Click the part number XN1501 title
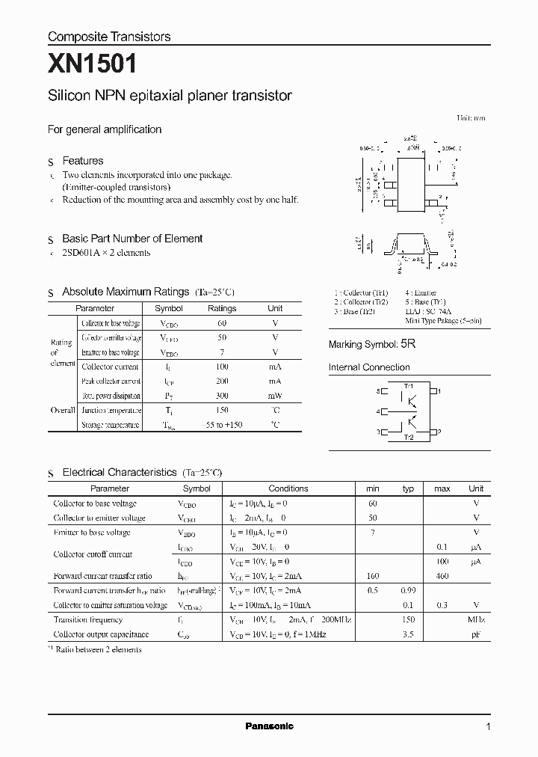pyautogui.click(x=92, y=65)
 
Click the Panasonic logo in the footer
pyautogui.click(x=269, y=726)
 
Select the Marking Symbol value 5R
pyautogui.click(x=407, y=344)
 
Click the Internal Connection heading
pyautogui.click(x=369, y=367)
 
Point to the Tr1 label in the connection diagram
pyautogui.click(x=408, y=384)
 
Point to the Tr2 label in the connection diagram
pyautogui.click(x=408, y=438)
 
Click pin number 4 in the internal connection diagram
pyautogui.click(x=379, y=411)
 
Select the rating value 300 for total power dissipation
pyautogui.click(x=222, y=396)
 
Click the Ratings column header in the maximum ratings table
pyautogui.click(x=222, y=308)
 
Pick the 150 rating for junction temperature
pyautogui.click(x=222, y=410)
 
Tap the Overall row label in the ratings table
pyautogui.click(x=63, y=410)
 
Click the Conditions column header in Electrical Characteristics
pyautogui.click(x=288, y=488)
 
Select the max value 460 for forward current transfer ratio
pyautogui.click(x=442, y=576)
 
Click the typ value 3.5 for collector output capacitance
pyautogui.click(x=408, y=634)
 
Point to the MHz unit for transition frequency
pyautogui.click(x=476, y=620)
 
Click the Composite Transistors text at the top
pyautogui.click(x=109, y=37)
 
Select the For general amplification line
pyautogui.click(x=105, y=129)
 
